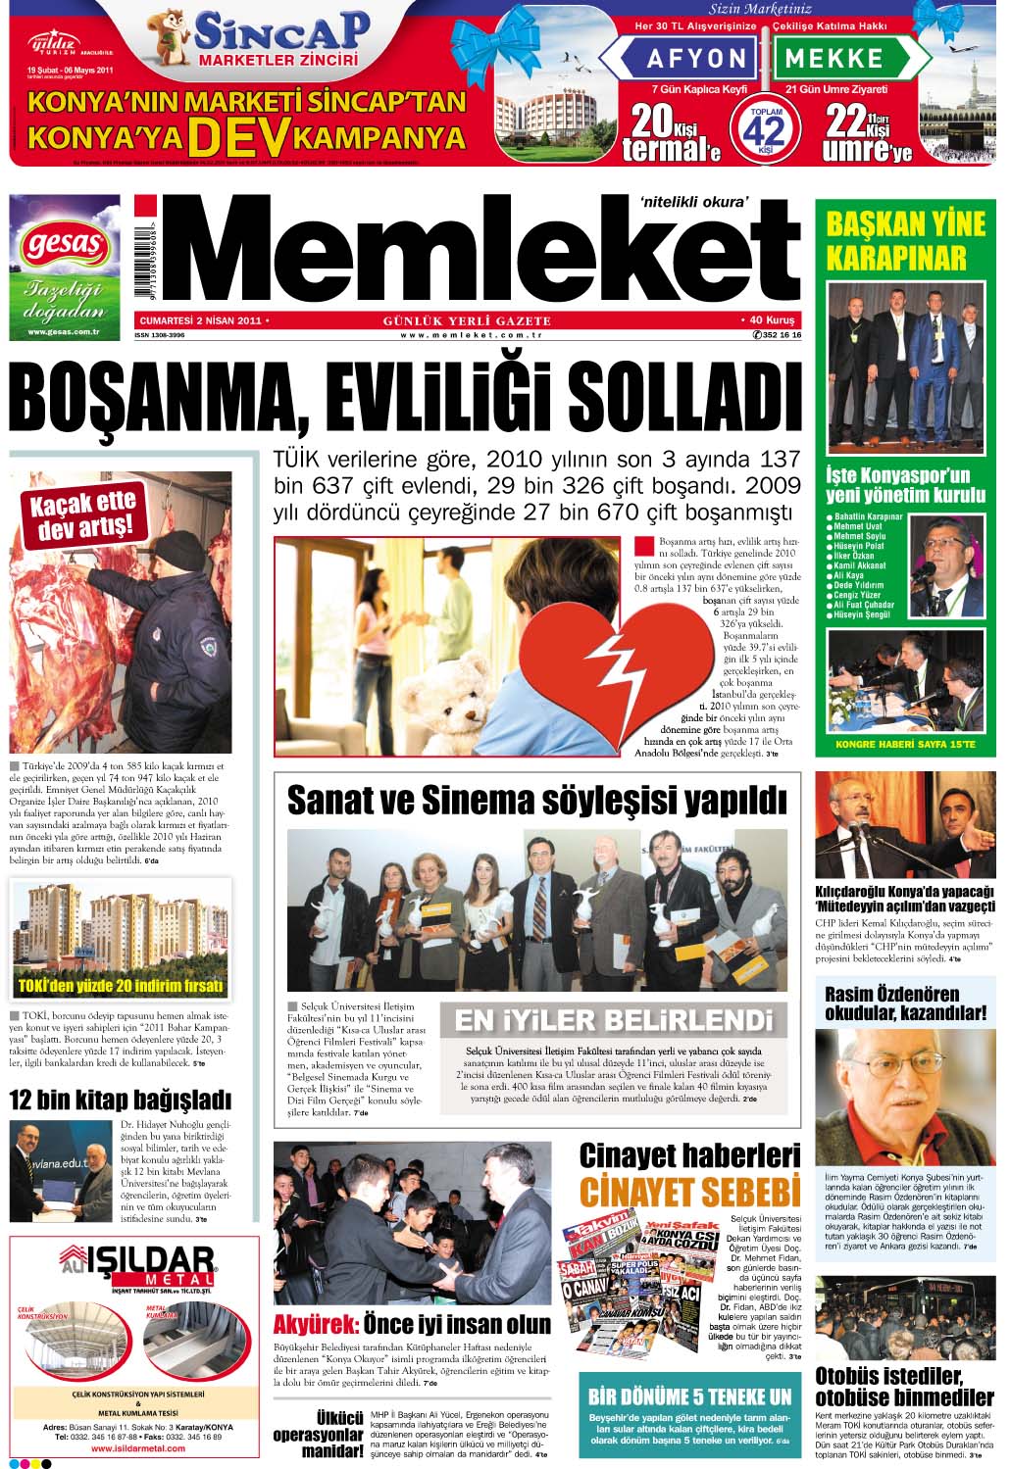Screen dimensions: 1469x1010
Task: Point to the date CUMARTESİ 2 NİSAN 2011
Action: point(201,320)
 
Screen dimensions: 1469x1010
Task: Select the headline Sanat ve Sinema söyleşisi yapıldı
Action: point(536,801)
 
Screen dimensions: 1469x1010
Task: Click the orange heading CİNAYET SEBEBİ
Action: point(689,1192)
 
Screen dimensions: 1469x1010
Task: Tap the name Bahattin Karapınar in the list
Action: point(870,516)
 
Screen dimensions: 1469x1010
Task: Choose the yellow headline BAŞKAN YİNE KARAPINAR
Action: point(905,241)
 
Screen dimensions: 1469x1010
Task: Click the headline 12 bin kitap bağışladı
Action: point(121,1099)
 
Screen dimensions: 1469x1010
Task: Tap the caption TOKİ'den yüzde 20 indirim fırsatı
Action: point(122,985)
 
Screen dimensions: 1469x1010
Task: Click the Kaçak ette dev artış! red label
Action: point(83,515)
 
